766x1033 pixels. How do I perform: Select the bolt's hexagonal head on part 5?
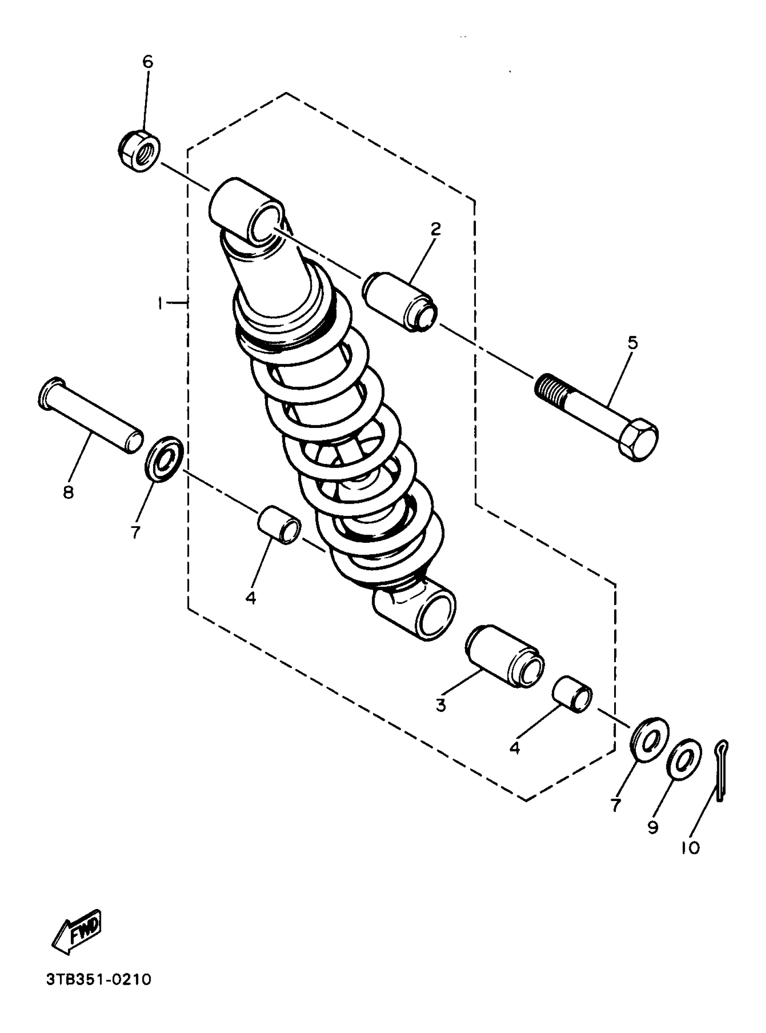coord(639,440)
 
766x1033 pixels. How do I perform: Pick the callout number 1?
coord(160,304)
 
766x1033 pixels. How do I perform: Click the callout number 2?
coord(435,229)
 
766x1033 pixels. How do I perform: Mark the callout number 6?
coord(147,62)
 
